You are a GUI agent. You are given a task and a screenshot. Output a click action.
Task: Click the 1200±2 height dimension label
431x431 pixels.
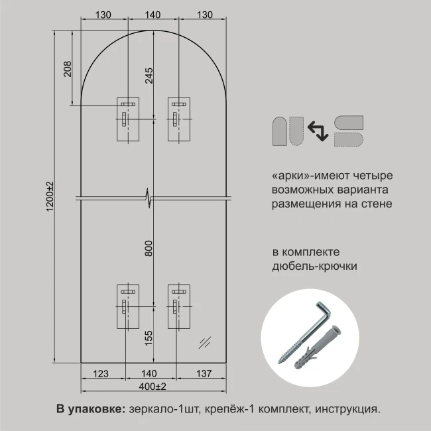coord(50,196)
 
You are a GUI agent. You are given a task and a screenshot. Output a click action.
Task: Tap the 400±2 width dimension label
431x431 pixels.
coord(153,387)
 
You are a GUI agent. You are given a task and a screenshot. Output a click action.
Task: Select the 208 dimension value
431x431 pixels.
coord(68,69)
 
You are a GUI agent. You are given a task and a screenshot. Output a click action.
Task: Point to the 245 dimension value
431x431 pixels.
coord(149,76)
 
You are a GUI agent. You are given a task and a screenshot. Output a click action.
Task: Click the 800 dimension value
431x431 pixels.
coord(149,248)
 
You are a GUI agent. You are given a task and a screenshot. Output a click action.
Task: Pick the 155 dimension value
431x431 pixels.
coord(149,338)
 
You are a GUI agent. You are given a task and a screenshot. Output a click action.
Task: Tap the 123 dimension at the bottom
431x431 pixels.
coord(101,373)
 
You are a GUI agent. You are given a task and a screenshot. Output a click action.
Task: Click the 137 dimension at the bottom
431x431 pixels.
coord(204,373)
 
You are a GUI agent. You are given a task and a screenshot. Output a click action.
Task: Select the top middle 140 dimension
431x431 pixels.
coord(153,15)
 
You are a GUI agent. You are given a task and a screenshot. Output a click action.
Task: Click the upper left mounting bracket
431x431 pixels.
coord(128,119)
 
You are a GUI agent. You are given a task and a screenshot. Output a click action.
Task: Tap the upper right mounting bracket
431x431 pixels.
coord(179,119)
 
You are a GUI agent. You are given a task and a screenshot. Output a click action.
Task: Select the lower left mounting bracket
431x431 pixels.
coord(128,306)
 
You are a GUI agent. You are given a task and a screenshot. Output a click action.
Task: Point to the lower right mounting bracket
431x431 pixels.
coord(179,306)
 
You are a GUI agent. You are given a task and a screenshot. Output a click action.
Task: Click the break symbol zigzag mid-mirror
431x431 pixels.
coord(149,198)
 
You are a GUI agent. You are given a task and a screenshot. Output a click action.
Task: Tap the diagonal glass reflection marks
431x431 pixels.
coord(205,343)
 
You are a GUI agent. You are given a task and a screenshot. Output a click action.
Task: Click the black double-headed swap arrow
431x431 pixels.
coord(318,131)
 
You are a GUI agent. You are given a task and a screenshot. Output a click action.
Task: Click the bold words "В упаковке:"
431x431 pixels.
coord(91,409)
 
